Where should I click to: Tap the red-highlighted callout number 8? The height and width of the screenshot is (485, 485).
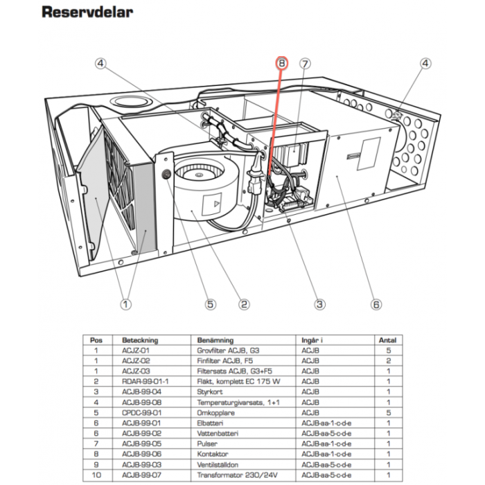point(281,63)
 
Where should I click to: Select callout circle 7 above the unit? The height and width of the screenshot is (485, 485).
point(304,63)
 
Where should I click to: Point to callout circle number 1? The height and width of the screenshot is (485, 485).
point(125,303)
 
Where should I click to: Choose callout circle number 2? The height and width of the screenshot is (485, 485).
point(243,303)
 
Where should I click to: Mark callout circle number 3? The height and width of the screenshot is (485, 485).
point(319,303)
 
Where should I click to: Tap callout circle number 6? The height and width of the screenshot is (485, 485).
point(376,303)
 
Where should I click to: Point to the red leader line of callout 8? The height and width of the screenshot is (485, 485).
point(273,139)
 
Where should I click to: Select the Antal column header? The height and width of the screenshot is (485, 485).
point(386,340)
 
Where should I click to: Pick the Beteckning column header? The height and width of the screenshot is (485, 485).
point(140,340)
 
